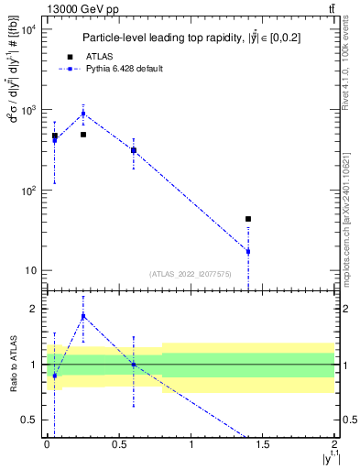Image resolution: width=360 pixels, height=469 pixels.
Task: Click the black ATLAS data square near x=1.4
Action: (248, 219)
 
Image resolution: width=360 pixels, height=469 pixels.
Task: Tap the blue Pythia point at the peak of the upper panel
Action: (83, 114)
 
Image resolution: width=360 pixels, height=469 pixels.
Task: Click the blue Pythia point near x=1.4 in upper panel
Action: (248, 251)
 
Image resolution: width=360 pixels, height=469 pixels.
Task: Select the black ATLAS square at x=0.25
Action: (83, 135)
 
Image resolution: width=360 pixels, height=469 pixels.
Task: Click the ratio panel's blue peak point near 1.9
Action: (83, 316)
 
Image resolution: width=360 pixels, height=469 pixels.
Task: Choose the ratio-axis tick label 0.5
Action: (29, 420)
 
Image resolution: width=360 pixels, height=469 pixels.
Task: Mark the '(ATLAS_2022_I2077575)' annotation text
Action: (190, 273)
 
